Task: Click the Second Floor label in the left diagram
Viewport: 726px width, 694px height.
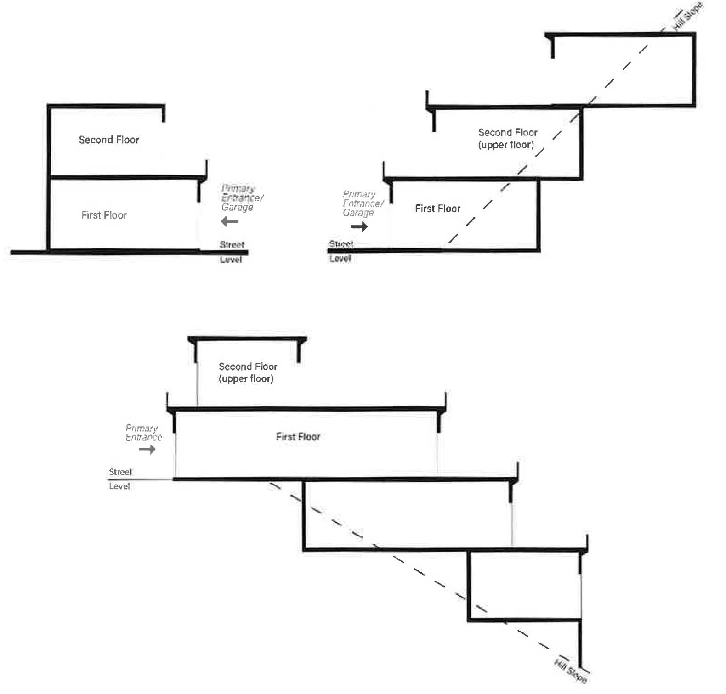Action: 109,140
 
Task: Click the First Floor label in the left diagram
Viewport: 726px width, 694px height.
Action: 104,215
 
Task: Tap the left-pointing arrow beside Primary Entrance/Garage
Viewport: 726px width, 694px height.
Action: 230,222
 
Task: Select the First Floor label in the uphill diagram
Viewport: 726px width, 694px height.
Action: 437,209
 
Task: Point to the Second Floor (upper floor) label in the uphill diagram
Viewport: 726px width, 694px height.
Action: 507,138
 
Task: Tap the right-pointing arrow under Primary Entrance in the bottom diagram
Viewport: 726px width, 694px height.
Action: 147,449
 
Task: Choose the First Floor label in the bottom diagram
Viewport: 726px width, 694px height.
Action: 298,436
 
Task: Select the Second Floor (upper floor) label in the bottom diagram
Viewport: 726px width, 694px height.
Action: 248,372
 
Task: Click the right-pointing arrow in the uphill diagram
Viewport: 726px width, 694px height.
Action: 359,226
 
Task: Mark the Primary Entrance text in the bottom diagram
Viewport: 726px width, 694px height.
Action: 143,433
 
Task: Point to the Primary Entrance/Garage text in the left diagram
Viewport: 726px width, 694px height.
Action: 242,197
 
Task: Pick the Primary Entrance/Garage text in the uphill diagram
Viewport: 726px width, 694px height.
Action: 363,203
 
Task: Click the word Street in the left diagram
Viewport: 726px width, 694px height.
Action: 232,244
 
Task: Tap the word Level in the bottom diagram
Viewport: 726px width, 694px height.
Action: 119,486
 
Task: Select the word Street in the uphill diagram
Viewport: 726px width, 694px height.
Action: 341,243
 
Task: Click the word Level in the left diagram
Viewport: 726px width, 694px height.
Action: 231,260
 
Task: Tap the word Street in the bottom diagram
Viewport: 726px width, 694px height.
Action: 120,472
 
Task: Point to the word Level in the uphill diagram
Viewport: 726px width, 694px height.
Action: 340,259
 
